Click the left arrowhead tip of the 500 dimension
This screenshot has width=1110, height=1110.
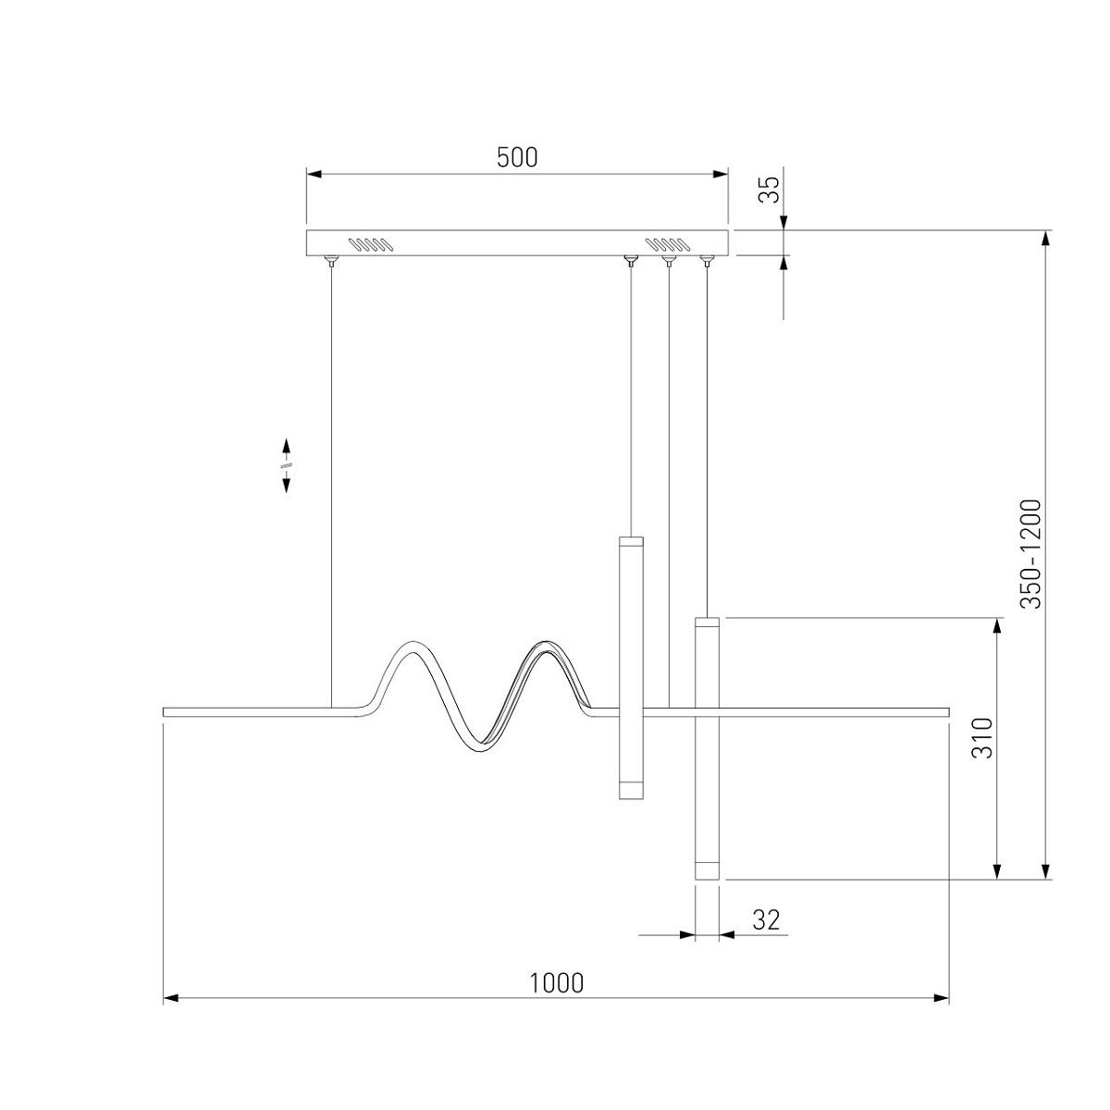point(306,174)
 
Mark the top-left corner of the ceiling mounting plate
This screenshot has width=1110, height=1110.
point(306,230)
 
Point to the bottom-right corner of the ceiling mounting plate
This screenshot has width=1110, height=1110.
point(728,255)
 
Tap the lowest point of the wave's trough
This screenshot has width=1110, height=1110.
point(476,753)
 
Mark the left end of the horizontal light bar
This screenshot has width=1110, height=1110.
point(164,712)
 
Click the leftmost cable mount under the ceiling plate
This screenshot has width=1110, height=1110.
point(331,261)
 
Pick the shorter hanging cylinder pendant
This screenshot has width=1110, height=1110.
point(631,668)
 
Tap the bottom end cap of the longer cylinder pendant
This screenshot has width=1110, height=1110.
point(708,870)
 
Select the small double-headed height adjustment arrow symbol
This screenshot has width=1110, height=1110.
point(286,465)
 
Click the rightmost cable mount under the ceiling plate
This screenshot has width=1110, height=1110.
point(706,261)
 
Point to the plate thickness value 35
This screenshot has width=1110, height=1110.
point(769,190)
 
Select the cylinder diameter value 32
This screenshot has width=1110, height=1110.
point(766,919)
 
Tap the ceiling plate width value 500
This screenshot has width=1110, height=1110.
point(517,157)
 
